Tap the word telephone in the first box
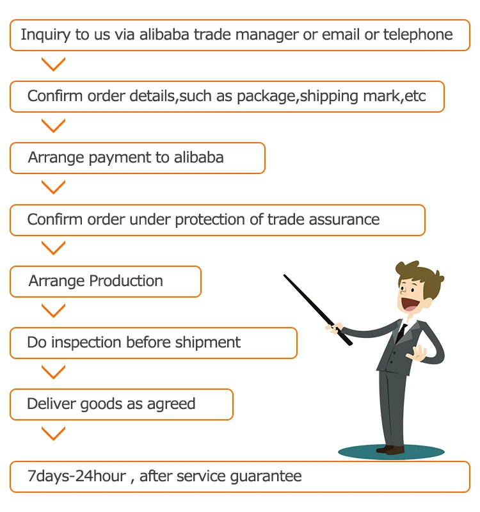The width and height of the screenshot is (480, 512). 418,35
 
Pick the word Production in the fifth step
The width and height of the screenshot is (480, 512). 126,281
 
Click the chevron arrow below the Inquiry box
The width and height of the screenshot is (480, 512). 53,65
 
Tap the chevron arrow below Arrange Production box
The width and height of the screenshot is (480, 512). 53,311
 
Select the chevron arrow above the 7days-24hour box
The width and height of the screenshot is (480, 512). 53,434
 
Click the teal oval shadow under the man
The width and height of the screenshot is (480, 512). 390,452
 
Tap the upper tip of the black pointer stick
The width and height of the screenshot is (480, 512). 285,276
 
